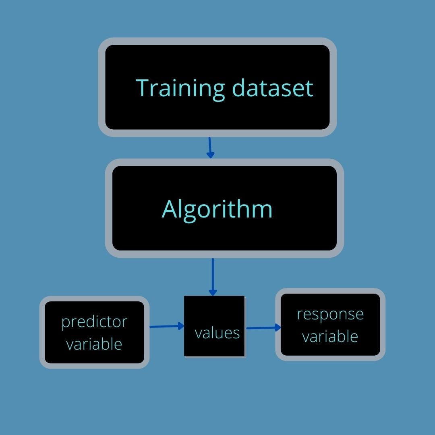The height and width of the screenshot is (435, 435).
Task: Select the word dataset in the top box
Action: (x=273, y=88)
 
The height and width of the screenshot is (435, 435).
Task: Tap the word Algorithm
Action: (x=217, y=209)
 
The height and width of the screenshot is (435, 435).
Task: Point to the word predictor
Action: (x=94, y=322)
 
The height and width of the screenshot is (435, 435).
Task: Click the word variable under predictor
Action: (x=94, y=344)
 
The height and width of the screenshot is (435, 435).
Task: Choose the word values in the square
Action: (x=217, y=333)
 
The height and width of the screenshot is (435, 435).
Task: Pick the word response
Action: (x=330, y=314)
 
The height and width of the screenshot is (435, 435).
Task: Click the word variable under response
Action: (x=330, y=336)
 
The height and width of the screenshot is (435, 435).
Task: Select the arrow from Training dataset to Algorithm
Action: (x=210, y=147)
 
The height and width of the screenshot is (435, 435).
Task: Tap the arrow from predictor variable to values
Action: (x=167, y=326)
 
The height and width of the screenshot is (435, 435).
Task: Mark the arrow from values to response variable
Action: (x=263, y=328)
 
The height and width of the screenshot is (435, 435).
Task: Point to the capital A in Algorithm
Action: (x=169, y=209)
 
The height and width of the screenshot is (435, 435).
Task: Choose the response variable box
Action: (x=330, y=349)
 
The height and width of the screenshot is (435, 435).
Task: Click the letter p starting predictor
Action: (x=65, y=323)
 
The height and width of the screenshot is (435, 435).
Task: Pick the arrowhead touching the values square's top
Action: (x=213, y=292)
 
